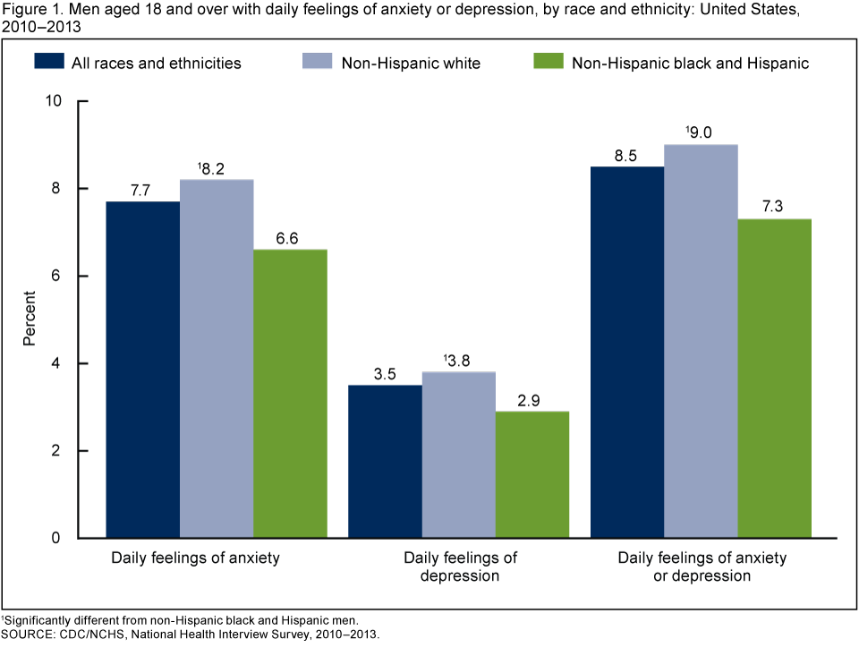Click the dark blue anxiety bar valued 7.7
click(143, 370)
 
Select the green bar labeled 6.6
click(290, 394)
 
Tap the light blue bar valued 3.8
click(459, 455)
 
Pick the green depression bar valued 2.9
click(532, 474)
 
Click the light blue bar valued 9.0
click(701, 341)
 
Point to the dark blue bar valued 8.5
click(627, 352)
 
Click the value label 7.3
click(775, 206)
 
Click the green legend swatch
click(547, 62)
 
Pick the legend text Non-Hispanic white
click(411, 63)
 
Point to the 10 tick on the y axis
click(60, 101)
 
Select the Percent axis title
click(30, 319)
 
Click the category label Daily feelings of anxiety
click(195, 558)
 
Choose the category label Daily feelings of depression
click(460, 567)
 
